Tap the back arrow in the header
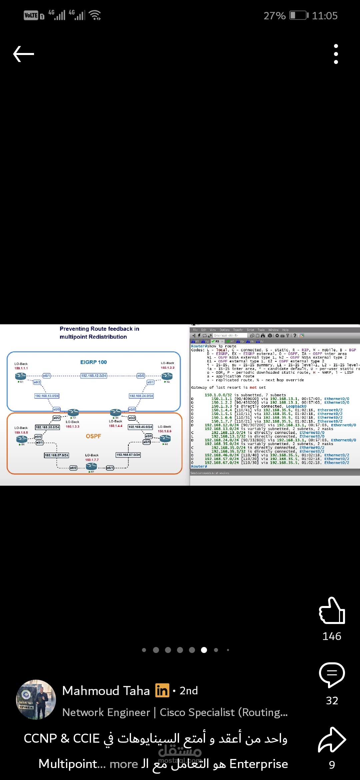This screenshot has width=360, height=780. (x=23, y=54)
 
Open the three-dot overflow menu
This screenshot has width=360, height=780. (x=336, y=54)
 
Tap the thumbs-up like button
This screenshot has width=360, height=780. (x=332, y=611)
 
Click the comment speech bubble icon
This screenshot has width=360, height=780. (x=332, y=674)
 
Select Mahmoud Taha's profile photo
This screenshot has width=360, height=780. (x=36, y=700)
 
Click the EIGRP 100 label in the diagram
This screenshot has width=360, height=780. (x=93, y=362)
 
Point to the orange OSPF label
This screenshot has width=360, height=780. (x=93, y=436)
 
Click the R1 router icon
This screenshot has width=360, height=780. (x=20, y=376)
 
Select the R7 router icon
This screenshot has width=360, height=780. (x=91, y=466)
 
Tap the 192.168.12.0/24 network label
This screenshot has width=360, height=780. (x=94, y=376)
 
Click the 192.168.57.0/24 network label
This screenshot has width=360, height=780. (x=56, y=455)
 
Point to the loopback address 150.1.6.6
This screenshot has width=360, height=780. (x=165, y=431)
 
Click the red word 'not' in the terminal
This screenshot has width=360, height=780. (x=253, y=388)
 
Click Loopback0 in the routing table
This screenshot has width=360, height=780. (x=296, y=406)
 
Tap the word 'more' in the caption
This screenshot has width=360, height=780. (x=124, y=764)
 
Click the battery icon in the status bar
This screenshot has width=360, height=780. (x=298, y=15)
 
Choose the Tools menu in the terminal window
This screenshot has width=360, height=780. (x=261, y=330)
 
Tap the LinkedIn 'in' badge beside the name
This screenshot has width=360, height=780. (x=162, y=691)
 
